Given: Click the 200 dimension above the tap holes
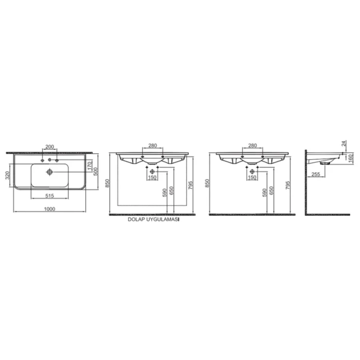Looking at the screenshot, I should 49,147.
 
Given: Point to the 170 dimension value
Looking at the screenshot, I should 89,166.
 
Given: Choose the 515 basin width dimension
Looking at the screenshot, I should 49,196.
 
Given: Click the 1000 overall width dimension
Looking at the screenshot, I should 49,209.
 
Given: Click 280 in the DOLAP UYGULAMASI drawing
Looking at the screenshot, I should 152,146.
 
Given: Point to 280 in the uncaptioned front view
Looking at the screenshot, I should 252,146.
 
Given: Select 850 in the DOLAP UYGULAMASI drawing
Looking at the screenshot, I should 108,183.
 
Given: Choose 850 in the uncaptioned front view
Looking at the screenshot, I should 208,183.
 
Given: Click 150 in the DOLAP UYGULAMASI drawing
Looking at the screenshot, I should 152,177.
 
